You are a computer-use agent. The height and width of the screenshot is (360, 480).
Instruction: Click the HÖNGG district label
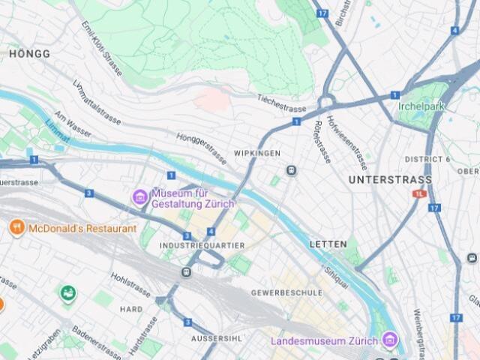(30, 54)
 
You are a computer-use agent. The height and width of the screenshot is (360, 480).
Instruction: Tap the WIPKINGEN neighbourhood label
(257, 154)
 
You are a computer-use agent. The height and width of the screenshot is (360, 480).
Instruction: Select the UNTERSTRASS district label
(390, 180)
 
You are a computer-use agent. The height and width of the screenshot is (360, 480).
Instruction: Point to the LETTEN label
(328, 244)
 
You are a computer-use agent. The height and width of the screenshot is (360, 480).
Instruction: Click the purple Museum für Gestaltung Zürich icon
(139, 197)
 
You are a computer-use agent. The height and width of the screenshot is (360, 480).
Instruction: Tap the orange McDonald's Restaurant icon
(16, 227)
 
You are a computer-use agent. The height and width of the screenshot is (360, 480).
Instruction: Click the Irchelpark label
(421, 106)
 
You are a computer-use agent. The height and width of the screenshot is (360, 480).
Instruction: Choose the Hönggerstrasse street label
(201, 148)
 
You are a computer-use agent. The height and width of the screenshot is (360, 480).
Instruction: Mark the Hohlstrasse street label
(130, 284)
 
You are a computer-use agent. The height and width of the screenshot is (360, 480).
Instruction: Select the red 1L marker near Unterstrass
(418, 193)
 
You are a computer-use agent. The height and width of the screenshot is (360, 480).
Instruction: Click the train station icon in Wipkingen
(291, 171)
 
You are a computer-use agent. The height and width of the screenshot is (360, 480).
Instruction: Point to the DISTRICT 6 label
(427, 160)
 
